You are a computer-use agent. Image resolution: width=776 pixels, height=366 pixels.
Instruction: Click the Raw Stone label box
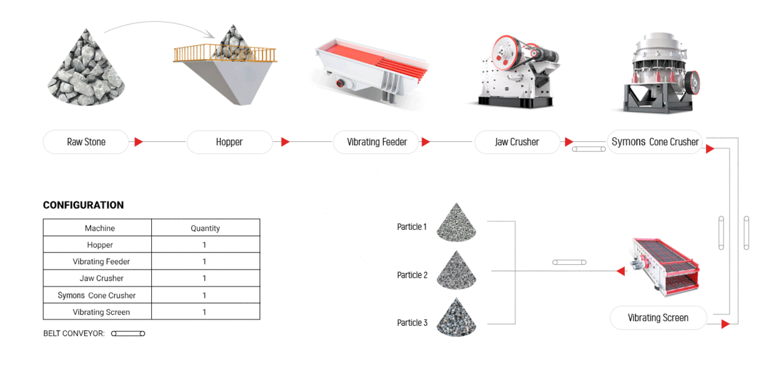coord(86,142)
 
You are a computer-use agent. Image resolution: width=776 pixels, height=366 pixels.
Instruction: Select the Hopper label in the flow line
coord(229,142)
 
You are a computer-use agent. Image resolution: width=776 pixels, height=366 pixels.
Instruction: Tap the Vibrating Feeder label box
coord(376,142)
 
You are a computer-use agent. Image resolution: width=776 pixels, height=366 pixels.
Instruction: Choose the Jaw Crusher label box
coord(517,142)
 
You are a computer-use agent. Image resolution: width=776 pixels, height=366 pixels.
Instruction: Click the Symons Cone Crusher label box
coord(654,142)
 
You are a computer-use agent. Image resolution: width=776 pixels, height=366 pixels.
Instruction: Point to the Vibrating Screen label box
coord(658,317)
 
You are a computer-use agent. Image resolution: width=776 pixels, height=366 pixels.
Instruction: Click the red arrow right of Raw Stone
coord(138,142)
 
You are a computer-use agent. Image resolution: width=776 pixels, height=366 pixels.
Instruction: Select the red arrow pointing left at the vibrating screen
coord(621,271)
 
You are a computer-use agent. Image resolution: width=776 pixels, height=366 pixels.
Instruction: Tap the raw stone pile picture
coord(87,67)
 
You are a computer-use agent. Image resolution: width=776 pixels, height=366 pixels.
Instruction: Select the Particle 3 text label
coord(412,323)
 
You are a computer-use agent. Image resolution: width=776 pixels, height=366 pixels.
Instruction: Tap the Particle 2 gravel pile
coord(456,270)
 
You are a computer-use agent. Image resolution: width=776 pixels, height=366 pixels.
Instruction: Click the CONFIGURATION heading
coord(83,205)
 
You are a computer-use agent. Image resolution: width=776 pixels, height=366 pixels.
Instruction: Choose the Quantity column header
coord(205,228)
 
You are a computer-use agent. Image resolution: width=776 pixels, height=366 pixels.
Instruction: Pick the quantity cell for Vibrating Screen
coord(205,312)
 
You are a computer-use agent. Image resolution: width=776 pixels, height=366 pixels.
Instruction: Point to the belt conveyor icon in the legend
coord(128,334)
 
